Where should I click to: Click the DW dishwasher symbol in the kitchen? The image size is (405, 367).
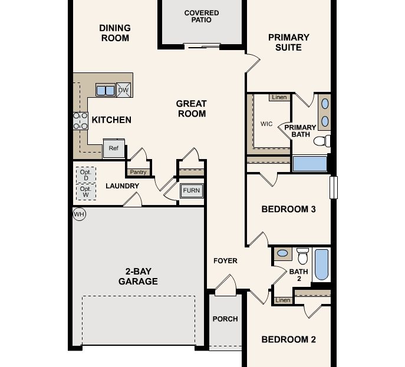[x=124, y=90]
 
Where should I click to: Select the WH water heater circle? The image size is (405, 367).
[x=79, y=214]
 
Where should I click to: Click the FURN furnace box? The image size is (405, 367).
[x=192, y=191]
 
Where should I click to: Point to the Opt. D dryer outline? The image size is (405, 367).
[x=85, y=175]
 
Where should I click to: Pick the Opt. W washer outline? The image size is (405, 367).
[x=85, y=192]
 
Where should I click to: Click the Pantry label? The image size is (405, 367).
[x=138, y=172]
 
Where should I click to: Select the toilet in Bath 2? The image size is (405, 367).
[x=303, y=256]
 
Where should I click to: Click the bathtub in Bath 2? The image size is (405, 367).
[x=321, y=264]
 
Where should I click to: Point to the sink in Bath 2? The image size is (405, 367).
[x=283, y=253]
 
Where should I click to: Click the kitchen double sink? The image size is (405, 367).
[x=106, y=90]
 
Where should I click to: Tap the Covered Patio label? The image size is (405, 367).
[x=202, y=16]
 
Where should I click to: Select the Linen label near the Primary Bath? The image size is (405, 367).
[x=279, y=97]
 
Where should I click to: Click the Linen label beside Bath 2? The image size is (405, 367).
[x=283, y=300]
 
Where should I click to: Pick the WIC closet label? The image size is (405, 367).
[x=266, y=124]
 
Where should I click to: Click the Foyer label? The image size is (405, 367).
[x=225, y=260]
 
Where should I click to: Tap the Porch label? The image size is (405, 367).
[x=225, y=319]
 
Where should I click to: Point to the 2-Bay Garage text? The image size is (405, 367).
[x=141, y=276]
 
